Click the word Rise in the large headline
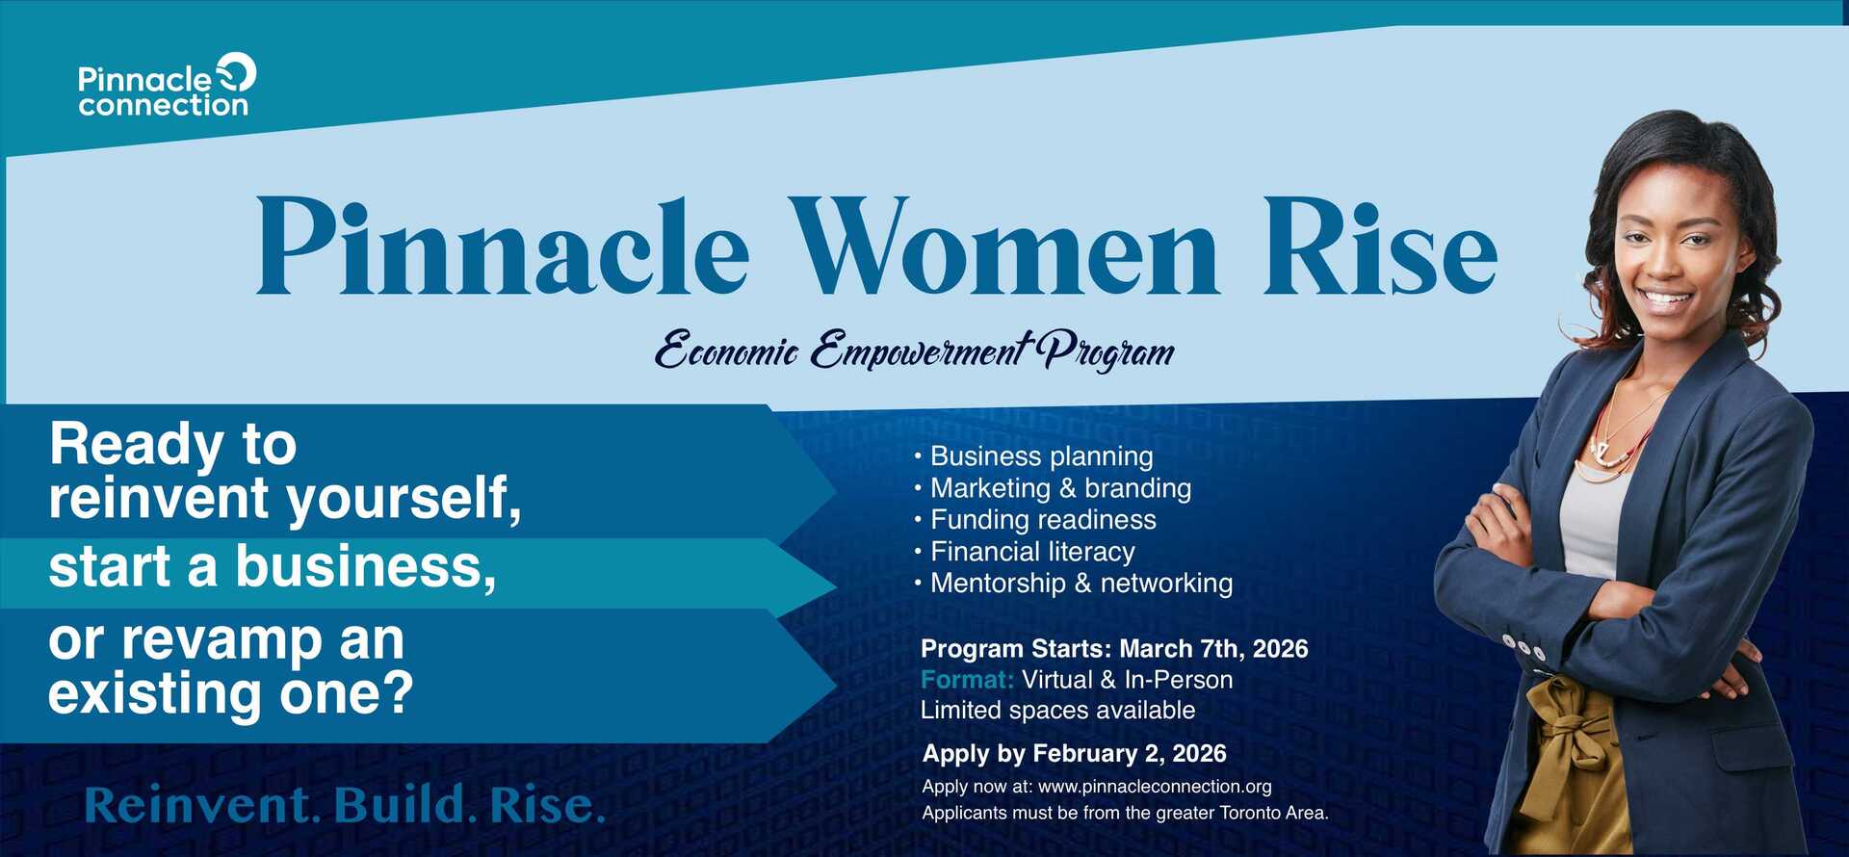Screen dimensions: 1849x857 1380,247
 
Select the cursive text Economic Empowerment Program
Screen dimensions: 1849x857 915,351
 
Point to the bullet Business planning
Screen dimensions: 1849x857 1033,456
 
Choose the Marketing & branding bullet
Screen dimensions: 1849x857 1053,488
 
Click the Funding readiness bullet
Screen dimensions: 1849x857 1035,520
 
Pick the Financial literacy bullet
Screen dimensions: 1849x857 1025,552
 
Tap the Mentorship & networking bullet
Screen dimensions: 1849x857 1074,584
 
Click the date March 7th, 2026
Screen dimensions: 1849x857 1213,649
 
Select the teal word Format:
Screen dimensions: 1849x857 967,680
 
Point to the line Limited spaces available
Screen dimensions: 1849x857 1057,711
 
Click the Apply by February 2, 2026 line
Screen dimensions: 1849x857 1074,754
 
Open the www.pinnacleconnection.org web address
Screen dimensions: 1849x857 1155,787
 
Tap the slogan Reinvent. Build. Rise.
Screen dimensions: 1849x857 345,806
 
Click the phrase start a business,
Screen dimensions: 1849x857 273,566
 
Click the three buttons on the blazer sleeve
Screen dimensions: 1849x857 1523,647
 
